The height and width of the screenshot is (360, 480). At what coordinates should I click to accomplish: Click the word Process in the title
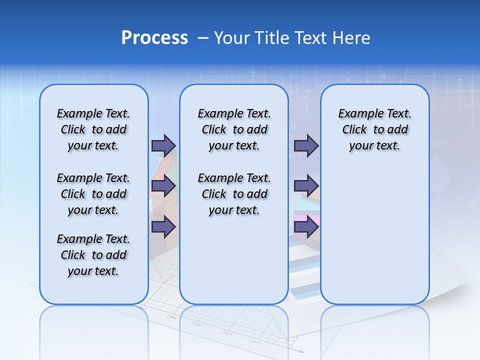click(x=154, y=38)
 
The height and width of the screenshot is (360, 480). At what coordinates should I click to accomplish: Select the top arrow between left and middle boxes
click(x=163, y=145)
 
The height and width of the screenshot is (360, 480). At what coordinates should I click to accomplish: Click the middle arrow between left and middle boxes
click(x=163, y=186)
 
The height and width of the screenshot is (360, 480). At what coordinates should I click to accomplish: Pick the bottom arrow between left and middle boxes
click(x=163, y=227)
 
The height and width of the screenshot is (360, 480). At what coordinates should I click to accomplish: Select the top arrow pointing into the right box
click(x=306, y=145)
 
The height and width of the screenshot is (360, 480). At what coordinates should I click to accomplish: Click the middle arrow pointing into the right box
click(x=306, y=186)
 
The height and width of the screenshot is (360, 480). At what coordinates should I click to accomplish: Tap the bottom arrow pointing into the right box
click(x=306, y=227)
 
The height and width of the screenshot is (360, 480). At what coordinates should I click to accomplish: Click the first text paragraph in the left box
click(x=93, y=129)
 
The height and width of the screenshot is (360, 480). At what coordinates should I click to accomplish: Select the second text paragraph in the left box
click(x=93, y=194)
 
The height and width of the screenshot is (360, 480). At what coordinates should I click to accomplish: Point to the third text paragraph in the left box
click(x=93, y=255)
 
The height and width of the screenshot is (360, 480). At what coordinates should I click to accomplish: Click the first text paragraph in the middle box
click(x=234, y=129)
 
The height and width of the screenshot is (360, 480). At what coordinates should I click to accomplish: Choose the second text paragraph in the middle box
click(x=234, y=194)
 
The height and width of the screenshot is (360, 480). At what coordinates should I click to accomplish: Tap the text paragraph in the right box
click(x=374, y=129)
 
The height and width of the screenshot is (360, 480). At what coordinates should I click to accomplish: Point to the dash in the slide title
click(x=203, y=38)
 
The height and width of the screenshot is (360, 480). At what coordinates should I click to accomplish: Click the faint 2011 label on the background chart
click(x=255, y=342)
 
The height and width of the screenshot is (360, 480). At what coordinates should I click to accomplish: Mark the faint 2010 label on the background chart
click(x=226, y=333)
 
